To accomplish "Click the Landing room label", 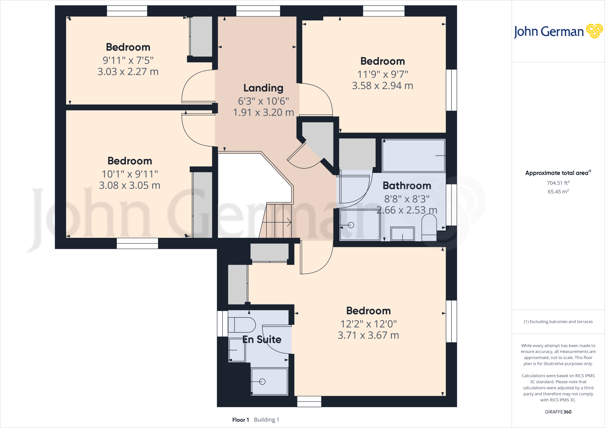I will tap(263, 88).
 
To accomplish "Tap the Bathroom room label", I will tap(407, 186).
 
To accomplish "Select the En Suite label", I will tap(262, 339).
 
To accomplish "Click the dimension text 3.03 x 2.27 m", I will tap(128, 72).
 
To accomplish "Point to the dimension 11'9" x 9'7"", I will tap(383, 74).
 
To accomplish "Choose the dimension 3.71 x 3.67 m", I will tap(368, 335).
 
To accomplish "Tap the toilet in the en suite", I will tap(242, 325).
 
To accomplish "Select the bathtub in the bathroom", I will tap(413, 155).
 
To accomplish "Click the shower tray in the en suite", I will tap(269, 381).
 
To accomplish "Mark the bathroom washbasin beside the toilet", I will tap(402, 234).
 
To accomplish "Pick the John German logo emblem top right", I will tap(594, 31).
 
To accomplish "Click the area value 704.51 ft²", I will tap(558, 183).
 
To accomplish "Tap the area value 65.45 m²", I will tap(558, 192).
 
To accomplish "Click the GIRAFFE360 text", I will tap(558, 412).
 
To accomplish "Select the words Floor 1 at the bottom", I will tap(240, 420).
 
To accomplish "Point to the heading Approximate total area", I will tap(557, 173).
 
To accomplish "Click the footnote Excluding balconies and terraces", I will tap(558, 322).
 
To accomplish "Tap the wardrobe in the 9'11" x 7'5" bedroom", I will tap(201, 36).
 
